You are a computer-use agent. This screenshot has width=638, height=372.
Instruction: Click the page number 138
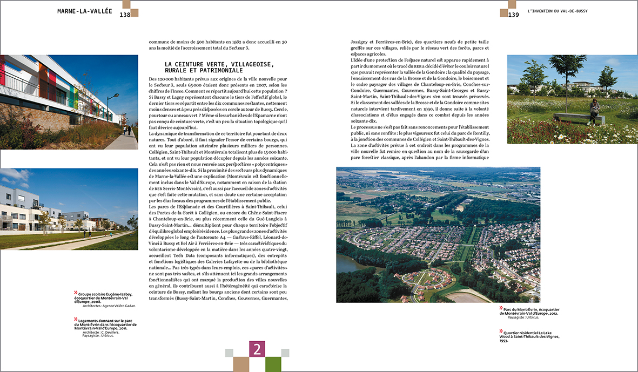click(125, 15)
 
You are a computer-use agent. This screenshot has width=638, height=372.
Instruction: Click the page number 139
click(513, 15)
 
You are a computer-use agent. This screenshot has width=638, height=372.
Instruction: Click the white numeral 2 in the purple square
click(257, 349)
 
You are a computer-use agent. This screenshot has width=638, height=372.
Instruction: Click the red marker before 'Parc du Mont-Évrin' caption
click(501, 309)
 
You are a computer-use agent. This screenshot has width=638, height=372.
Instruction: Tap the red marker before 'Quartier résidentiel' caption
click(501, 330)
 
